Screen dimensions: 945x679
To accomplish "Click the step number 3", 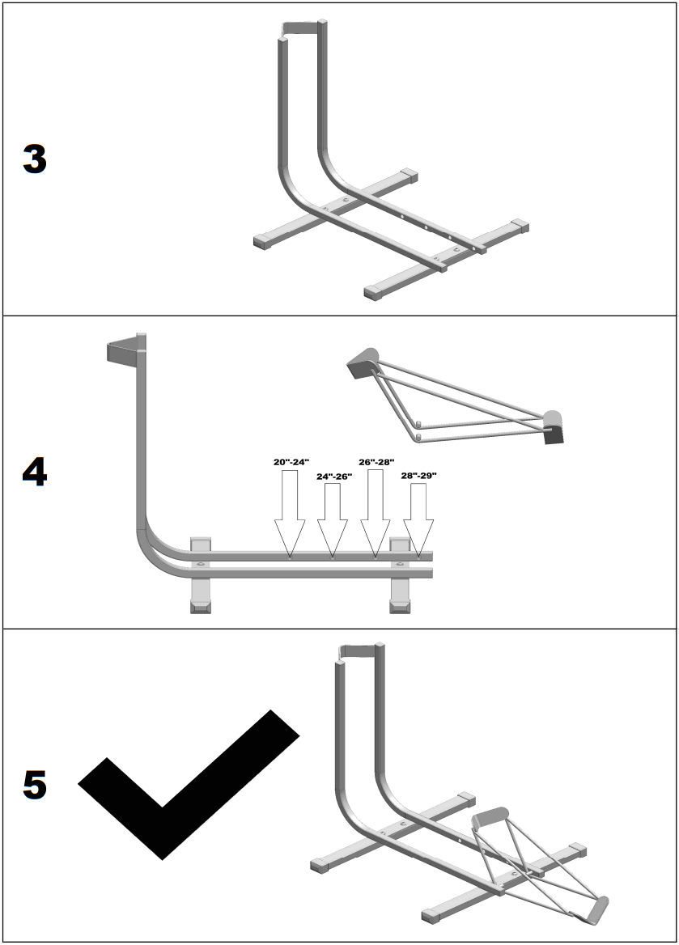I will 35,159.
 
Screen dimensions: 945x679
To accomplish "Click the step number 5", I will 35,785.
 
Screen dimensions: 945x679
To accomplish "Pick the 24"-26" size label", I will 334,477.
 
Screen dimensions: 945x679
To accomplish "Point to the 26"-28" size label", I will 376,462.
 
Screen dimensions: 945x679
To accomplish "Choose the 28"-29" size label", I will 418,476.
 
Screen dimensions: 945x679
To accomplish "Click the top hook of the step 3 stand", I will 303,28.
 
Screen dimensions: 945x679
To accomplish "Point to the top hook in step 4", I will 124,350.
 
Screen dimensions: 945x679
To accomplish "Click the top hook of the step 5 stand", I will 359,649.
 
